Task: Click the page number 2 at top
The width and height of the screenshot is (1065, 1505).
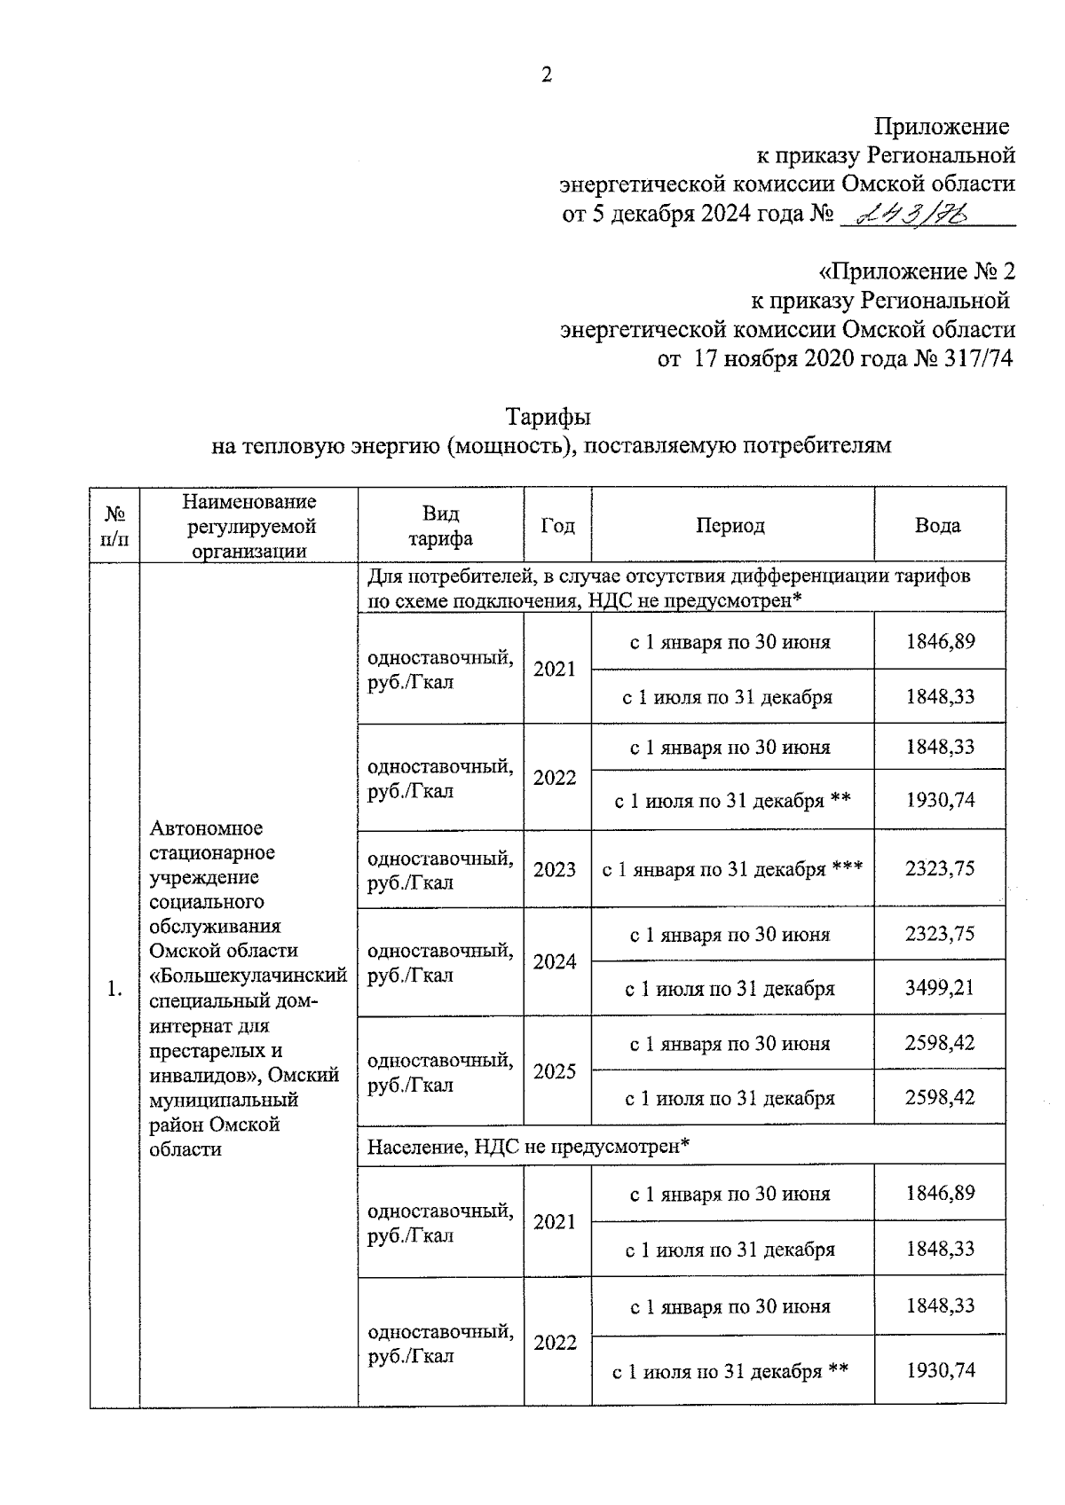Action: coord(547,75)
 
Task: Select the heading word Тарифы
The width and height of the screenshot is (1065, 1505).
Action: coord(548,416)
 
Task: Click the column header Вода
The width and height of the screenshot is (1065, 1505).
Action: coord(938,525)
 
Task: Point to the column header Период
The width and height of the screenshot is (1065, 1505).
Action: coord(730,525)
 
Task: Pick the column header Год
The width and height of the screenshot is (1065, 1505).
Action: coord(557,525)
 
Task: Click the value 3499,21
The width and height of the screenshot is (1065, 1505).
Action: coord(939,987)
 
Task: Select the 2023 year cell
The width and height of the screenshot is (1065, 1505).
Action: coord(555,869)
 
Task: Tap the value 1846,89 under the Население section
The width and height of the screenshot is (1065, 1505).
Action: coord(939,1193)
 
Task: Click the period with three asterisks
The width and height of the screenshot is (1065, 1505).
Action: coord(732,869)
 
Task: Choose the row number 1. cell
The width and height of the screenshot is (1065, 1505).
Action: coord(114,989)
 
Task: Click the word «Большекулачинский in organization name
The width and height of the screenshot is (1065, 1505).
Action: coord(248,976)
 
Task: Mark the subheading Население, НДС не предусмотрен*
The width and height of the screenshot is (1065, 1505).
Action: coord(529,1146)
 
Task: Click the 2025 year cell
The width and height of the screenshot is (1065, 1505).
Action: coord(555,1071)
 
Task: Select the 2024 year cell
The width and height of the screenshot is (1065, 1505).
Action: coord(555,961)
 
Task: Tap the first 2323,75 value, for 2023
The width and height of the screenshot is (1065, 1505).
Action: coord(939,868)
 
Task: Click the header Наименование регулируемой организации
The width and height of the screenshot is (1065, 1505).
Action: coord(249,526)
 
